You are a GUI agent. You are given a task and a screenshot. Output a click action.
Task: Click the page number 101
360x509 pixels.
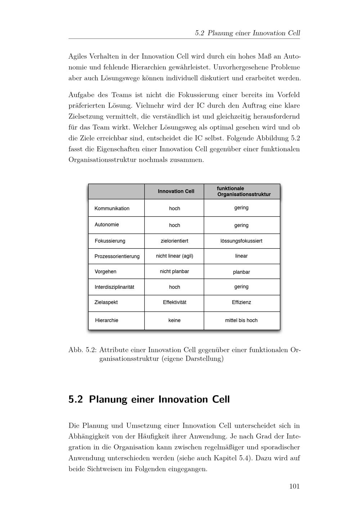pyautogui.click(x=294, y=486)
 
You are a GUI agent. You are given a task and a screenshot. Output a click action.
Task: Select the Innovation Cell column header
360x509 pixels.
pyautogui.click(x=176, y=191)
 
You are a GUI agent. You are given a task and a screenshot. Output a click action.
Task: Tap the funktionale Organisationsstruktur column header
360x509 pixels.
pyautogui.click(x=243, y=192)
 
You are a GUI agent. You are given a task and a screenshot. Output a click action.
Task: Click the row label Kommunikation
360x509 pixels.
pyautogui.click(x=112, y=208)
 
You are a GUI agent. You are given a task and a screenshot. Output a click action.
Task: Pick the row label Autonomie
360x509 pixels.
pyautogui.click(x=107, y=225)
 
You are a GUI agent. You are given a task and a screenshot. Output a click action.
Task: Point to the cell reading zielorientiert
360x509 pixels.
pyautogui.click(x=174, y=241)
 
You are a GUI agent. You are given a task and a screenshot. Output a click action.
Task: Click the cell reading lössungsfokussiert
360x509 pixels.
pyautogui.click(x=241, y=241)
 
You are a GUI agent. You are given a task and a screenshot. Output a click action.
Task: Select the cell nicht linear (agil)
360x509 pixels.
pyautogui.click(x=174, y=256)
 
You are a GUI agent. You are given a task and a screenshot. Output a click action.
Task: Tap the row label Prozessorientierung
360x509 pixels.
pyautogui.click(x=117, y=256)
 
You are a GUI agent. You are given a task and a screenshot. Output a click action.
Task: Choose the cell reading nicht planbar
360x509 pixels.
pyautogui.click(x=174, y=271)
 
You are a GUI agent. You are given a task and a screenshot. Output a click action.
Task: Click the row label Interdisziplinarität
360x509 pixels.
pyautogui.click(x=114, y=287)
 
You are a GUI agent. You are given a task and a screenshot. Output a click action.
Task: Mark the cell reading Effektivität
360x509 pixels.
pyautogui.click(x=175, y=302)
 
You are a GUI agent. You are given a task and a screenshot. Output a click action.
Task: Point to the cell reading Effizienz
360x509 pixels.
pyautogui.click(x=241, y=302)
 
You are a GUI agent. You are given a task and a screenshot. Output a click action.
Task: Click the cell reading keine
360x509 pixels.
pyautogui.click(x=174, y=320)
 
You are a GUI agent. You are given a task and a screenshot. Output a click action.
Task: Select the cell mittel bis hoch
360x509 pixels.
pyautogui.click(x=241, y=320)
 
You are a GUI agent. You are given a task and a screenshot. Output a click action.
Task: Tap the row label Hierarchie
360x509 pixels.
pyautogui.click(x=107, y=320)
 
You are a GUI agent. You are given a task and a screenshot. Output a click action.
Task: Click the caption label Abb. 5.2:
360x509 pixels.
pyautogui.click(x=82, y=350)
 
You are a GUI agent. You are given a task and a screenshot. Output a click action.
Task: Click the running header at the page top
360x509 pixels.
pyautogui.click(x=247, y=33)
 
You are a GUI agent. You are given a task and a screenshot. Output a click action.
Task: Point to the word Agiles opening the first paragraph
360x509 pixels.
pyautogui.click(x=77, y=57)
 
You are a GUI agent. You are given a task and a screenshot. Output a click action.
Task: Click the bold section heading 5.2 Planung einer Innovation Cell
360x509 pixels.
pyautogui.click(x=149, y=400)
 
